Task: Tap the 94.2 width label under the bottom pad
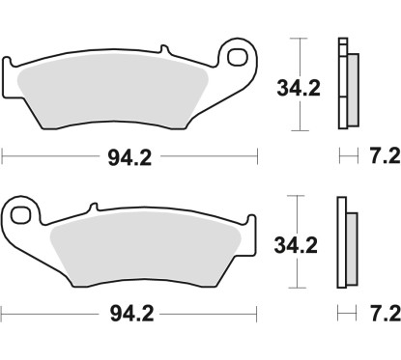(x=130, y=314)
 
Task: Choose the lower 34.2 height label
(x=322, y=245)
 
